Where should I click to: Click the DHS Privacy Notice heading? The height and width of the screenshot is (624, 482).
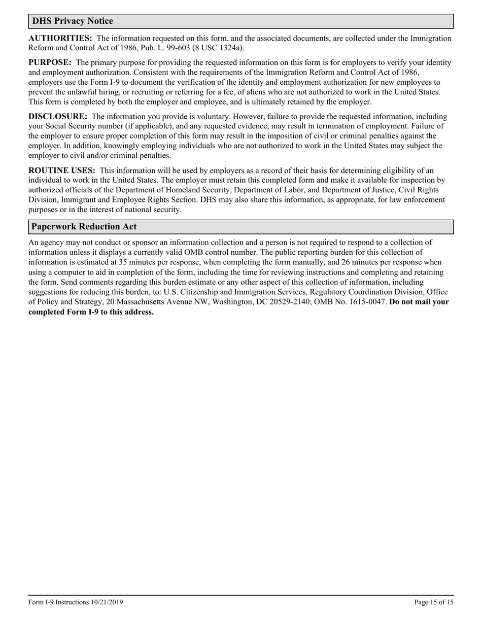point(73,21)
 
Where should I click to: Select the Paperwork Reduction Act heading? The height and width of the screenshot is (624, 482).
point(84,227)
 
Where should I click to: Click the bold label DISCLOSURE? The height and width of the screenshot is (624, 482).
point(58,116)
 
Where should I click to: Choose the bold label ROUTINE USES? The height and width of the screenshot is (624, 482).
point(62,170)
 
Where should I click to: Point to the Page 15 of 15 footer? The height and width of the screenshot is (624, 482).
point(434,603)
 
